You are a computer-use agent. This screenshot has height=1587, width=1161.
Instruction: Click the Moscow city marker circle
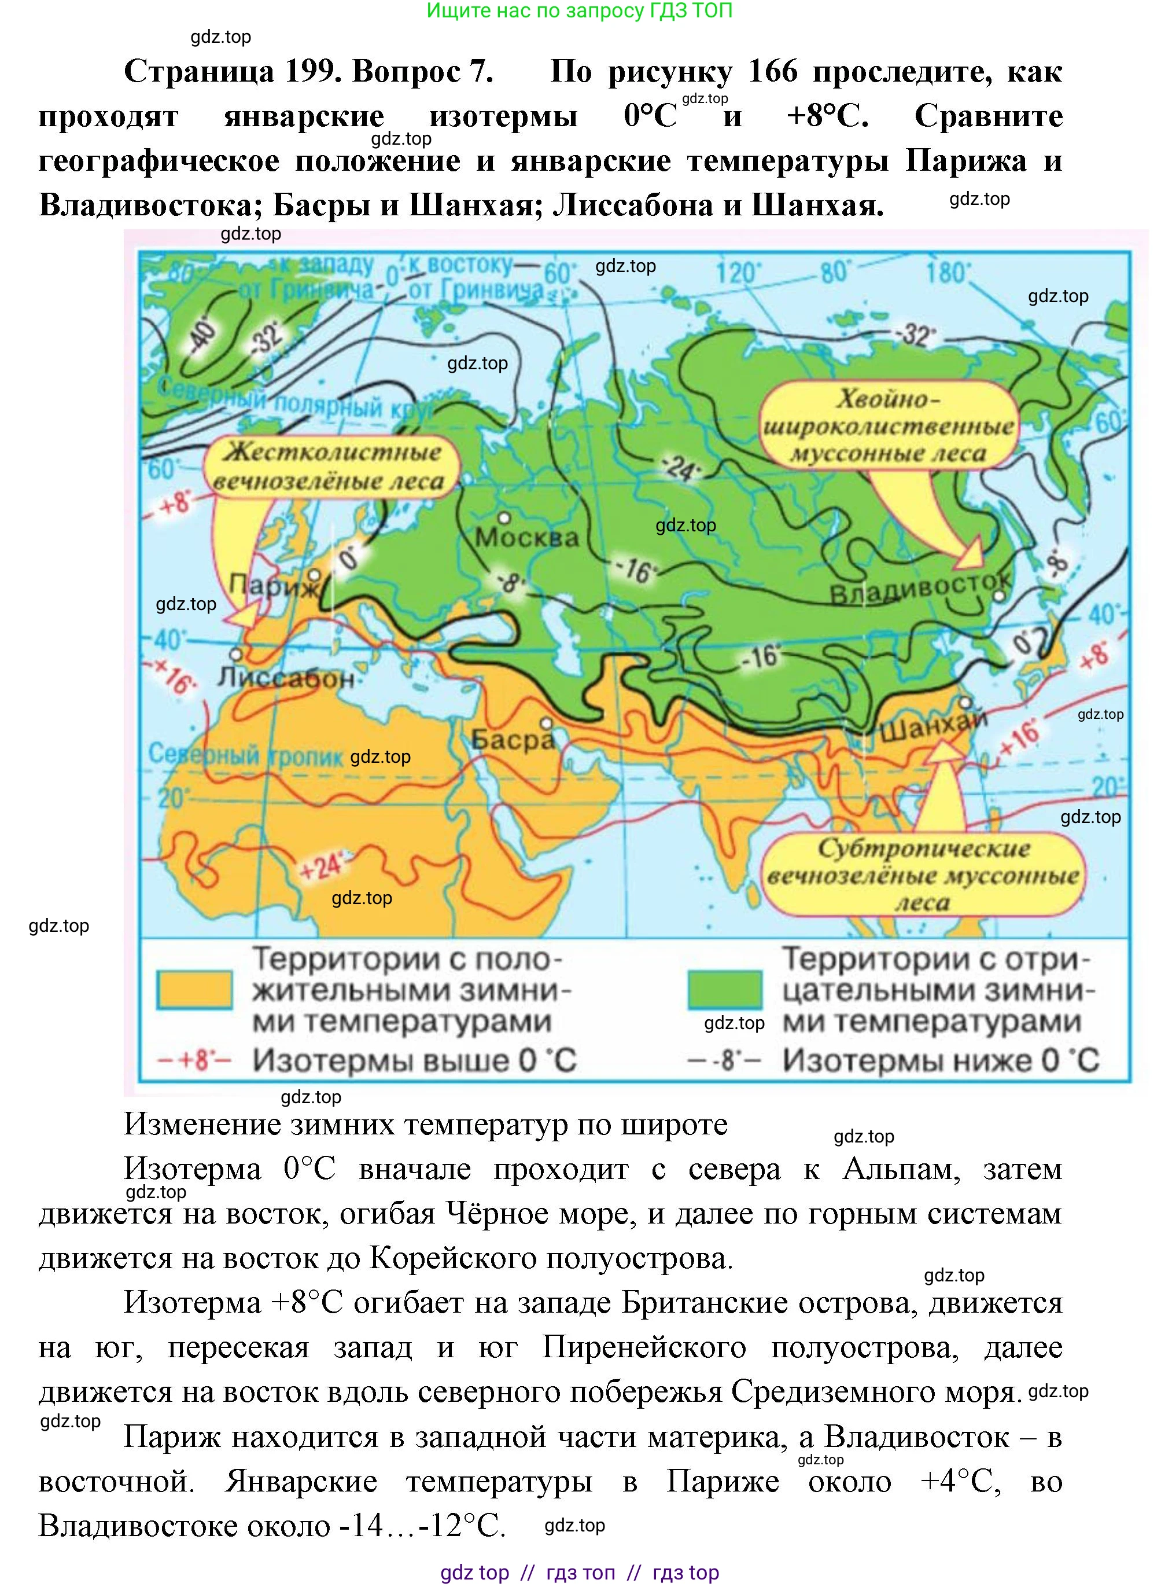[x=504, y=517]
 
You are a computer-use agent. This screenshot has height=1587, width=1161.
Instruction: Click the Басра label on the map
[x=513, y=740]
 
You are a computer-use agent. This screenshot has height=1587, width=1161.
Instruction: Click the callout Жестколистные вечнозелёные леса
[x=331, y=466]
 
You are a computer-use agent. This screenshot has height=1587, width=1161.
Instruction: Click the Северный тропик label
[x=245, y=755]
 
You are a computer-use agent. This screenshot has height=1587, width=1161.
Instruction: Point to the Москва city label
[x=527, y=538]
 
